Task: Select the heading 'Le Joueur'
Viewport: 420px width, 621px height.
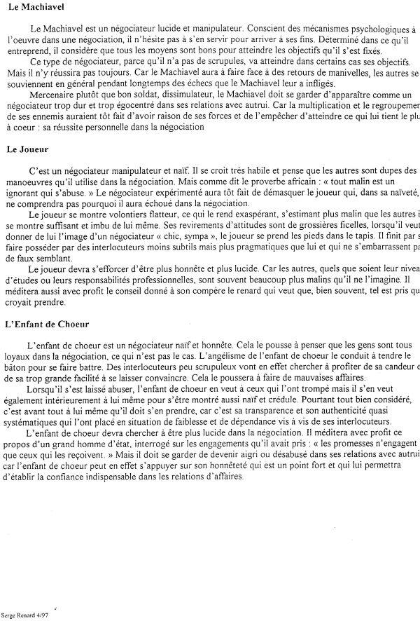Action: pos(27,149)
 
